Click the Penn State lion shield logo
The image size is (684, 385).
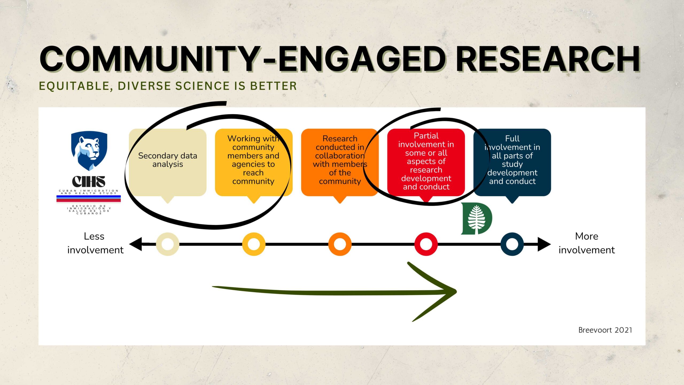[89, 151]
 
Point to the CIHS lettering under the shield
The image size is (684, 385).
[89, 182]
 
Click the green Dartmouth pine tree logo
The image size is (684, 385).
[477, 218]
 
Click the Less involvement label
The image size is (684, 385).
[95, 243]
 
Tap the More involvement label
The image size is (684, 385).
[587, 243]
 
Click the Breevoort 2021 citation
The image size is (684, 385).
[605, 330]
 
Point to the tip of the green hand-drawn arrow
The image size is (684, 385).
[456, 291]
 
